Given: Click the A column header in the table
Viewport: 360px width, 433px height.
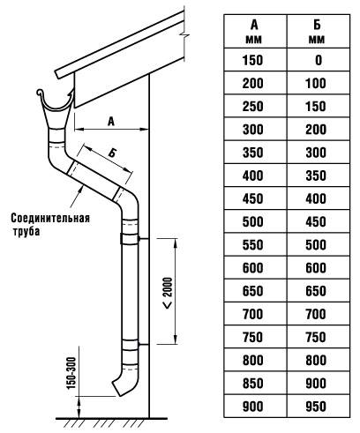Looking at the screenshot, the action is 254,32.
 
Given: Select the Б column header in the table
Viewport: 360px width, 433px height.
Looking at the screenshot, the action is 317,32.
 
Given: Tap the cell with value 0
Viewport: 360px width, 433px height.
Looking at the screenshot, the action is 319,60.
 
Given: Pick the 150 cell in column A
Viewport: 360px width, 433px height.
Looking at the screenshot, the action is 252,60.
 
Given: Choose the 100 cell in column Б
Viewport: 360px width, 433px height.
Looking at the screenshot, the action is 316,84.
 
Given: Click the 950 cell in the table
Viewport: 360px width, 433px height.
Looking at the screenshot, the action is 316,407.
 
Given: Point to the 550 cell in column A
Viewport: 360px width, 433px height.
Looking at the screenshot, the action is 252,245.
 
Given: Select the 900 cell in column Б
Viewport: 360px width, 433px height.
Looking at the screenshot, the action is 316,384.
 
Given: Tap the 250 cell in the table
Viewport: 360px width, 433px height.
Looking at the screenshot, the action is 252,107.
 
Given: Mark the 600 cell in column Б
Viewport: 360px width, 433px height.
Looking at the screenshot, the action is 316,268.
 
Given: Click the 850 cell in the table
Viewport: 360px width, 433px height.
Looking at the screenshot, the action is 252,384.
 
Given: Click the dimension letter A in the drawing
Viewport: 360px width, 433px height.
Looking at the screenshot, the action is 111,122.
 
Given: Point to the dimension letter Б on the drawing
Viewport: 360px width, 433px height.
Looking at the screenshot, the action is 112,153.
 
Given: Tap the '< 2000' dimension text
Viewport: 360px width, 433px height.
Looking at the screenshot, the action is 168,293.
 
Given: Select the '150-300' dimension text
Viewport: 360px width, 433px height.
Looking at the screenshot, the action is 71,373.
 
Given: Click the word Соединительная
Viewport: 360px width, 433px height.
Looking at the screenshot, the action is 50,219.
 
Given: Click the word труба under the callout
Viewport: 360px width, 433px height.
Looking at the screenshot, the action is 26,231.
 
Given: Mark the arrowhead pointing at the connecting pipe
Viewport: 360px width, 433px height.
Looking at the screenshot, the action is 79,190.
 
